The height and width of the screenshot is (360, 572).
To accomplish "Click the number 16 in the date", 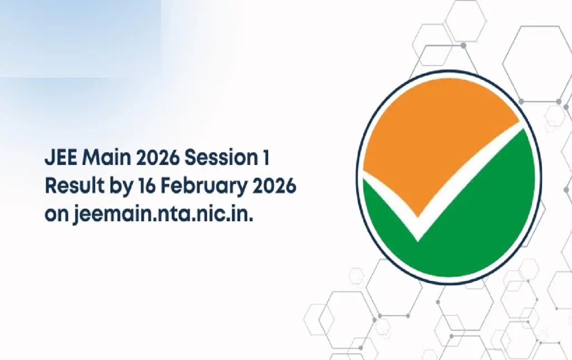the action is pyautogui.click(x=147, y=186).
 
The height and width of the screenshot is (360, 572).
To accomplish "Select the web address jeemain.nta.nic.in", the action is pyautogui.click(x=163, y=214).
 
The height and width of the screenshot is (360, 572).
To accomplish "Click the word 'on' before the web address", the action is pyautogui.click(x=56, y=215).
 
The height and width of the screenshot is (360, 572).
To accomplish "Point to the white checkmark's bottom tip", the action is pyautogui.click(x=418, y=241).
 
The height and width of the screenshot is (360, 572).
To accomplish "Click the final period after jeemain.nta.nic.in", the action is pyautogui.click(x=251, y=220).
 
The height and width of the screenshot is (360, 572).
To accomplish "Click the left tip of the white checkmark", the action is pyautogui.click(x=364, y=175).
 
